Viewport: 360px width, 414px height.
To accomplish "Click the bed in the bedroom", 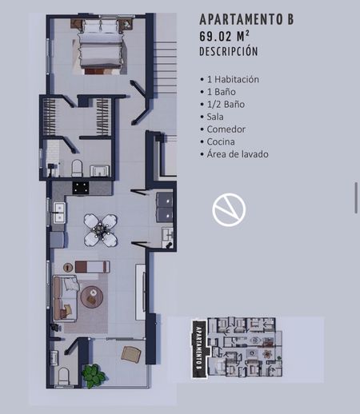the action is [101, 46].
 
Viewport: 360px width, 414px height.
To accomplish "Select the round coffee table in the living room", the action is [92, 297].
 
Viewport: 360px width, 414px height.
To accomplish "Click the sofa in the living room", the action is [66, 298].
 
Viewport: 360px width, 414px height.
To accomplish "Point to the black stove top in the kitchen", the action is [81, 188].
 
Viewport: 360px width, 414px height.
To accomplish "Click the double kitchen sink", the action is [59, 213].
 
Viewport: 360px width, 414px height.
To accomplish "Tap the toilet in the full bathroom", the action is [77, 168].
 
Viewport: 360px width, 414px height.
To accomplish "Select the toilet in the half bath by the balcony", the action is [64, 376].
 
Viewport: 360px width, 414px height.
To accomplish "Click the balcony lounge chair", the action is [131, 354].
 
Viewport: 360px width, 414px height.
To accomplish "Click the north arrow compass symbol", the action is [229, 209].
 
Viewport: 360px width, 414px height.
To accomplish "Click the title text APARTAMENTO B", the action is [246, 19].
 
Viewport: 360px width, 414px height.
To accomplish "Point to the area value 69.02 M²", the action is [225, 36].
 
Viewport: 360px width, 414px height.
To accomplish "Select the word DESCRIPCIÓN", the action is [229, 51].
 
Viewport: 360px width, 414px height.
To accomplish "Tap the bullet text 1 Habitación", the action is [233, 79].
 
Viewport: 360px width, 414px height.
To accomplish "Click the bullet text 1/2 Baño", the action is [226, 105].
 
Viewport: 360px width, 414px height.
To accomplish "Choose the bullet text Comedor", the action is [226, 129].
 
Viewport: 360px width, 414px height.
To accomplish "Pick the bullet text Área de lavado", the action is [238, 154].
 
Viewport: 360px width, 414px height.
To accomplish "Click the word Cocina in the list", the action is [221, 141].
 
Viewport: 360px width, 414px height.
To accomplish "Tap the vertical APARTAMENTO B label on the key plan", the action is [199, 348].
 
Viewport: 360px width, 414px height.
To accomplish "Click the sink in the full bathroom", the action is [99, 171].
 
